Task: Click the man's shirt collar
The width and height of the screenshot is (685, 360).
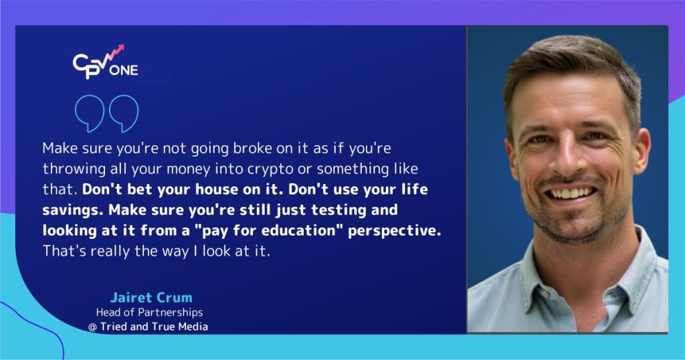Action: click(528, 271)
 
